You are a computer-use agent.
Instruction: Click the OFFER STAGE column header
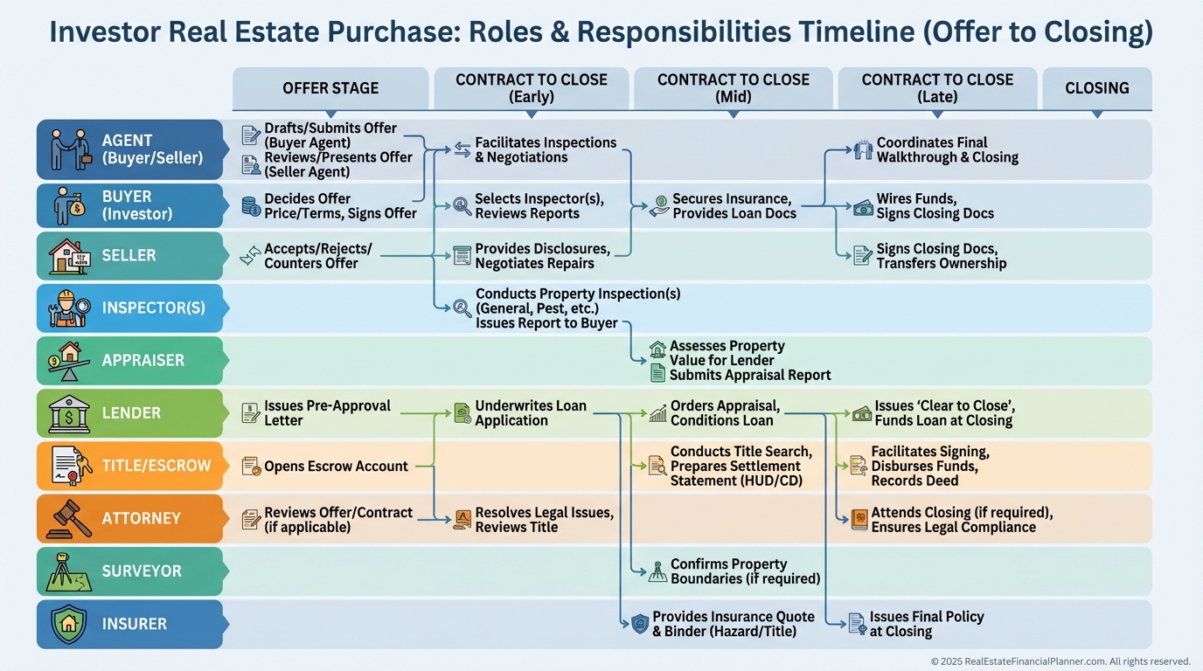coord(330,88)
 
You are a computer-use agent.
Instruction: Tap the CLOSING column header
coord(1096,88)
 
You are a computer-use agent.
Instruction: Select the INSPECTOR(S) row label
coord(154,308)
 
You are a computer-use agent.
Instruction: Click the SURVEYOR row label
coord(142,571)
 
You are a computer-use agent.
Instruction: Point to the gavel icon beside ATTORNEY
coord(69,518)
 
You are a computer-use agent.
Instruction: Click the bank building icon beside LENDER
coord(69,413)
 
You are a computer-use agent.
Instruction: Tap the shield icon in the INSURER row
coord(69,624)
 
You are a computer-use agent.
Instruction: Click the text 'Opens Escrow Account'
coord(336,467)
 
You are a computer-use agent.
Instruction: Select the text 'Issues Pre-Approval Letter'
coord(327,413)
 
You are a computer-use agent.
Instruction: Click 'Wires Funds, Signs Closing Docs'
coord(935,206)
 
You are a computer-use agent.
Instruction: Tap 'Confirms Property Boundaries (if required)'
coord(745,571)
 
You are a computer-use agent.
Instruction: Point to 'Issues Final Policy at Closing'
coord(926,624)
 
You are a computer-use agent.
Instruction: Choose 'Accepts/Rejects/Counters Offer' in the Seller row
coord(317,256)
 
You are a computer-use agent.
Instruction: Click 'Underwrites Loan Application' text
coord(530,413)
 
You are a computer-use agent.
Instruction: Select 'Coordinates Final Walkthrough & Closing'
coord(947,150)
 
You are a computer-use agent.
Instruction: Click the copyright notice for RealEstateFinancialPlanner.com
coord(1060,661)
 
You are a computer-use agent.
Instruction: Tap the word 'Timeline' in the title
coord(874,32)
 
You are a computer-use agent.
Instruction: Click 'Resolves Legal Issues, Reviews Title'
coord(544,520)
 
